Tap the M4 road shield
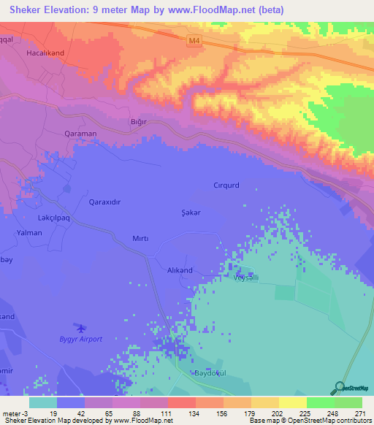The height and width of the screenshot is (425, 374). [193, 42]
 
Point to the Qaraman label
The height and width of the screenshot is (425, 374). [80, 134]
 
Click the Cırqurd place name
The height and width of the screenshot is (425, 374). [226, 185]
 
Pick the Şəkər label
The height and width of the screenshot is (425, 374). [191, 211]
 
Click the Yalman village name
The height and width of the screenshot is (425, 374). [29, 232]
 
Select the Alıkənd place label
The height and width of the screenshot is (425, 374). [180, 270]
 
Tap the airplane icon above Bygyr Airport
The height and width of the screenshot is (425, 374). [80, 329]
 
